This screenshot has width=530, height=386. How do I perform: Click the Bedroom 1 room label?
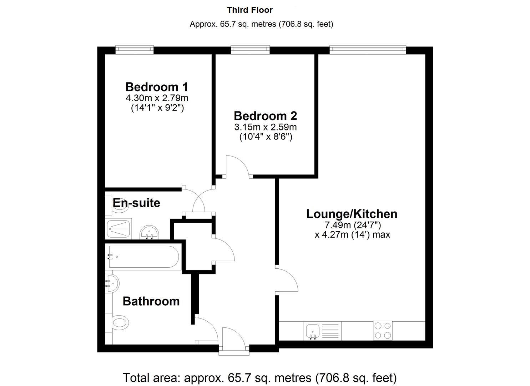157,87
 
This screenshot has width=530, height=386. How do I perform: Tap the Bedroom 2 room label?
266,116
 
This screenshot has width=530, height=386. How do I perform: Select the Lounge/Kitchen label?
352,214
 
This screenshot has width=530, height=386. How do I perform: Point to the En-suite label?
137,203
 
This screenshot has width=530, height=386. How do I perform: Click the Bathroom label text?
151,301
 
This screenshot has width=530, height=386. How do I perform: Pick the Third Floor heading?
250,10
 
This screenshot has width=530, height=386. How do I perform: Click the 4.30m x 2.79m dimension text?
157,98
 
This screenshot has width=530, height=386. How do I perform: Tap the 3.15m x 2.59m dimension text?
266,127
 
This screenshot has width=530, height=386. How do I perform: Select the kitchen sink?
313,331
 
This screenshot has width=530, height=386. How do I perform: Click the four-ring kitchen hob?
383,331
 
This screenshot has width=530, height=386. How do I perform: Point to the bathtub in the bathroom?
143,257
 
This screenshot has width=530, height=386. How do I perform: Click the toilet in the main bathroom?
117,322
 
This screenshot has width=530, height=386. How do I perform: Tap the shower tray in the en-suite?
118,229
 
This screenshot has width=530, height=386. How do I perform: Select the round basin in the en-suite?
149,232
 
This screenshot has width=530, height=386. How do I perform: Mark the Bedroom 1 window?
135,50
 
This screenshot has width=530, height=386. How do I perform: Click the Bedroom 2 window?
250,50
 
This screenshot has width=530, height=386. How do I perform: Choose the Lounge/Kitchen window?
368,50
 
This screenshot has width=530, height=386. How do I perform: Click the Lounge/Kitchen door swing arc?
292,276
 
